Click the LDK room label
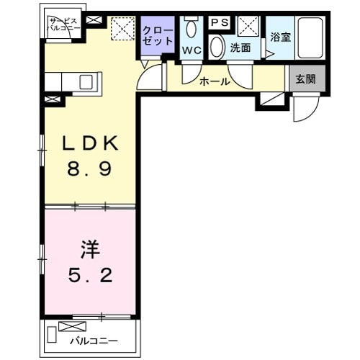point(90,145)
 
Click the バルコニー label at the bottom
point(94,341)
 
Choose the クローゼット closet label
point(157,36)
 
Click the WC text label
point(191,50)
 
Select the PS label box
point(220,23)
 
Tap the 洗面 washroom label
point(240,48)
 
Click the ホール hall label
point(215,82)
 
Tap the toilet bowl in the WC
point(191,30)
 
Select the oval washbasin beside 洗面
point(217,48)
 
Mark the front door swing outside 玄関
point(305,109)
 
